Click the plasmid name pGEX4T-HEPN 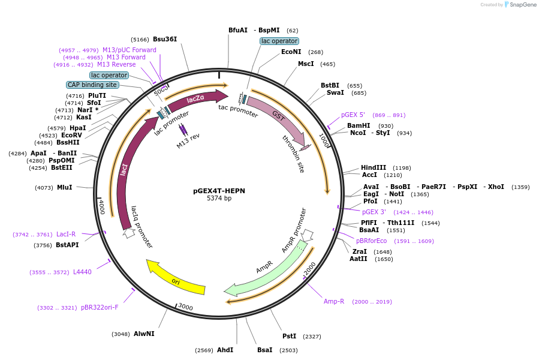(219, 191)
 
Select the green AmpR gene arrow (267, 271)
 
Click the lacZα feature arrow (195, 100)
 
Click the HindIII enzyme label (374, 168)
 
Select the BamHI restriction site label (359, 126)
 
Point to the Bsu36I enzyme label (165, 39)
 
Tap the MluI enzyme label (64, 188)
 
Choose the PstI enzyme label (290, 337)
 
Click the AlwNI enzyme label (144, 334)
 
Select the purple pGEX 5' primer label (357, 115)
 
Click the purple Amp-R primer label (334, 301)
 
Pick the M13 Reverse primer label (116, 65)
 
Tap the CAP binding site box (92, 85)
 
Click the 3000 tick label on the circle (185, 307)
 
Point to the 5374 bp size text (219, 198)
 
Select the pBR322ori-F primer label (100, 307)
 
